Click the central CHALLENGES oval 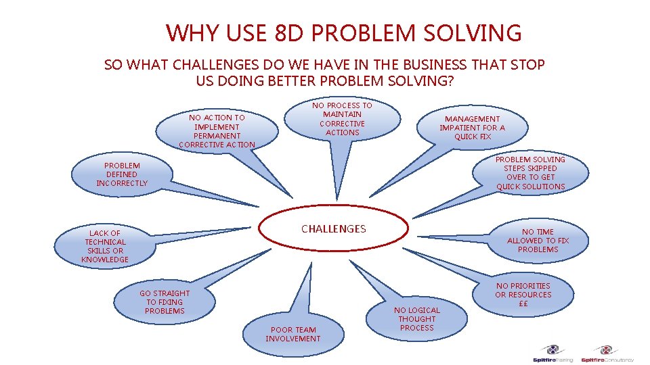pos(334,229)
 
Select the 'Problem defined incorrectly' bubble pos(122,174)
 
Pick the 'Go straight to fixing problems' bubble pos(165,302)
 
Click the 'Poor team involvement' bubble pos(293,334)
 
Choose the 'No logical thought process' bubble pos(417,319)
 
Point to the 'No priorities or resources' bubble pos(523,295)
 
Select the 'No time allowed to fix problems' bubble pos(538,241)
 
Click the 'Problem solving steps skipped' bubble pos(530,173)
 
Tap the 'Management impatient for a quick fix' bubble pos(472,128)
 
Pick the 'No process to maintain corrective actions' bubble pos(342,119)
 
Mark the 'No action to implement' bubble pos(217,130)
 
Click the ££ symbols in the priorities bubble pos(523,303)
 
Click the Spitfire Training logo pos(555,355)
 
